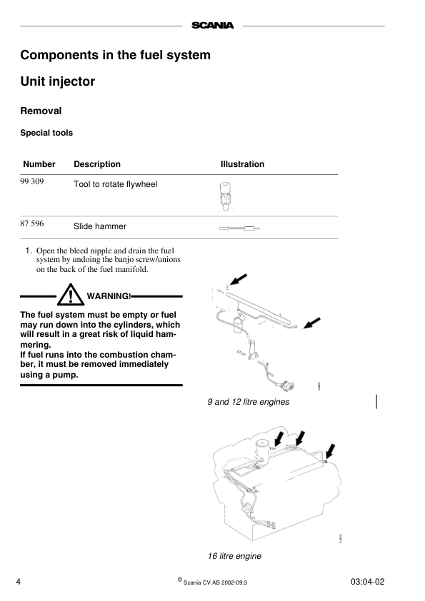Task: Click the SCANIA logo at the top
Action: pos(212,26)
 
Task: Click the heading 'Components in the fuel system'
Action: pos(115,55)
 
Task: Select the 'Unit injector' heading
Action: pos(57,81)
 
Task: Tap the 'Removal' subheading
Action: pos(41,111)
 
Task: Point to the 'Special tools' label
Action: pos(46,133)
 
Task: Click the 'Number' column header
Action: pos(39,164)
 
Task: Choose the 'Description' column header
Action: pos(97,164)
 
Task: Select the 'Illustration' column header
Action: pos(242,164)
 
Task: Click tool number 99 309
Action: pos(32,183)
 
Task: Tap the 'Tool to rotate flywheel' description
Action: pos(116,184)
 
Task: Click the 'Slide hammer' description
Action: pos(100,226)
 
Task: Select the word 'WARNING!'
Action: pos(109,296)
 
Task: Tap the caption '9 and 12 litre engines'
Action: pos(248,402)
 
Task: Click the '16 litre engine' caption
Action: pos(234,556)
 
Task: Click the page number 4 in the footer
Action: pos(19,581)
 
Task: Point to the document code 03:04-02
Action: pos(368,581)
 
